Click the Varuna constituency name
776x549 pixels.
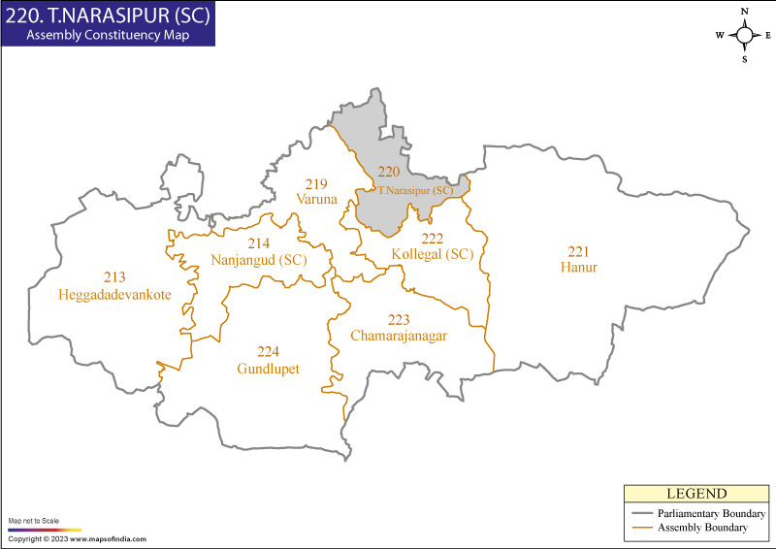[x=317, y=199]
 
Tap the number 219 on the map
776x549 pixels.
[x=316, y=184]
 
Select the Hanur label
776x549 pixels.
[x=579, y=267]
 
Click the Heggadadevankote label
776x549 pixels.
[x=114, y=294]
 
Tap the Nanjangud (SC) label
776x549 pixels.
[x=258, y=260]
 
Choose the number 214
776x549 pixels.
[x=259, y=243]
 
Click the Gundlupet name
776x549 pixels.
[x=268, y=369]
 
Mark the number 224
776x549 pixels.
[x=269, y=352]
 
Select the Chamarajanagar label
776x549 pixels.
[x=399, y=336]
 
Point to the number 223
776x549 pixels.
[x=399, y=319]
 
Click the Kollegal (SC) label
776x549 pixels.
[x=432, y=254]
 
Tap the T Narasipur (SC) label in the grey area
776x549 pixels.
[x=415, y=190]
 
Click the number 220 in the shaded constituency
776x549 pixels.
[x=388, y=172]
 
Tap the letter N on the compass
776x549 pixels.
[x=744, y=12]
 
